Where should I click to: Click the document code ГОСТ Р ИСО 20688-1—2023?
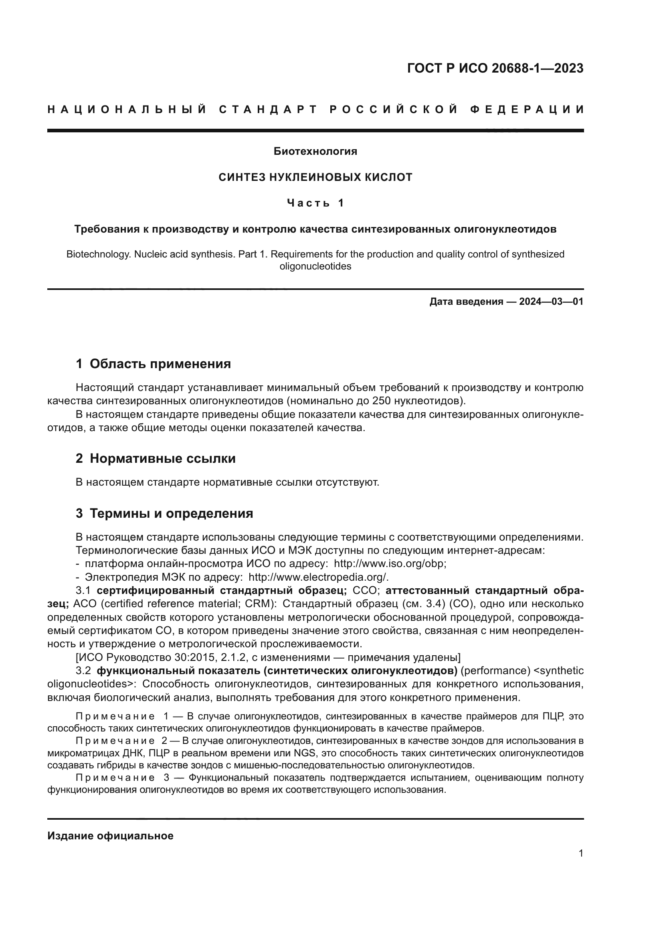pos(495,68)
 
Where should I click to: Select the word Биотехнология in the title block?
pos(315,152)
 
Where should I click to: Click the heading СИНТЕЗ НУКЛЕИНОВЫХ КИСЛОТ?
pos(315,177)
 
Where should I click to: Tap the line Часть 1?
pos(315,203)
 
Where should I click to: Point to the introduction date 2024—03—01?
pos(551,302)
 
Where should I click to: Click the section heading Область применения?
pos(160,364)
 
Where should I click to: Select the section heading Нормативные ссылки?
pos(162,458)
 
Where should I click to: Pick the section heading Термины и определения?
pos(171,513)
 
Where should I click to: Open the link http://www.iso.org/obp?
pos(390,564)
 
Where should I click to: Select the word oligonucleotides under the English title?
pos(315,266)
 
